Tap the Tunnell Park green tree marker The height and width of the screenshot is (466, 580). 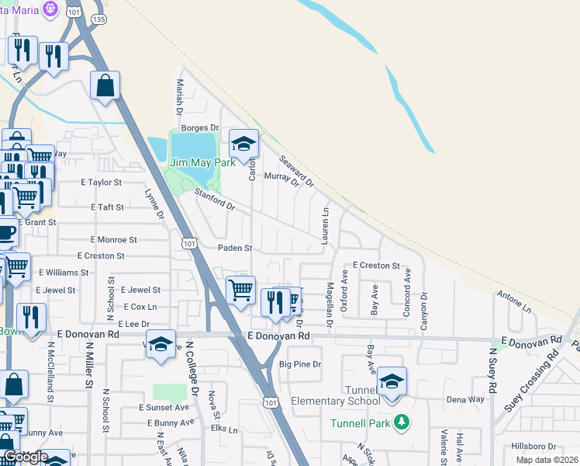click(401, 423)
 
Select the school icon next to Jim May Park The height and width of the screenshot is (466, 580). click(243, 144)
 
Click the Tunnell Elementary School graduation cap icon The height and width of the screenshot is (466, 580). click(392, 381)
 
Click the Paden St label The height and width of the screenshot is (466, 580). click(235, 249)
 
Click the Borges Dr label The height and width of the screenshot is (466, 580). click(200, 127)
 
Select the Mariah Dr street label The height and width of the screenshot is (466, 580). click(180, 94)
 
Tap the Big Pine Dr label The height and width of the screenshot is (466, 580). click(299, 363)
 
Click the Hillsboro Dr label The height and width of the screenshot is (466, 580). click(534, 447)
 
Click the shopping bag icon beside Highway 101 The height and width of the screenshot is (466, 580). click(105, 85)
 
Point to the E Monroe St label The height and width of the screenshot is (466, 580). click(113, 240)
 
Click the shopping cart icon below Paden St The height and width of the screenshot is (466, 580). click(240, 290)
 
